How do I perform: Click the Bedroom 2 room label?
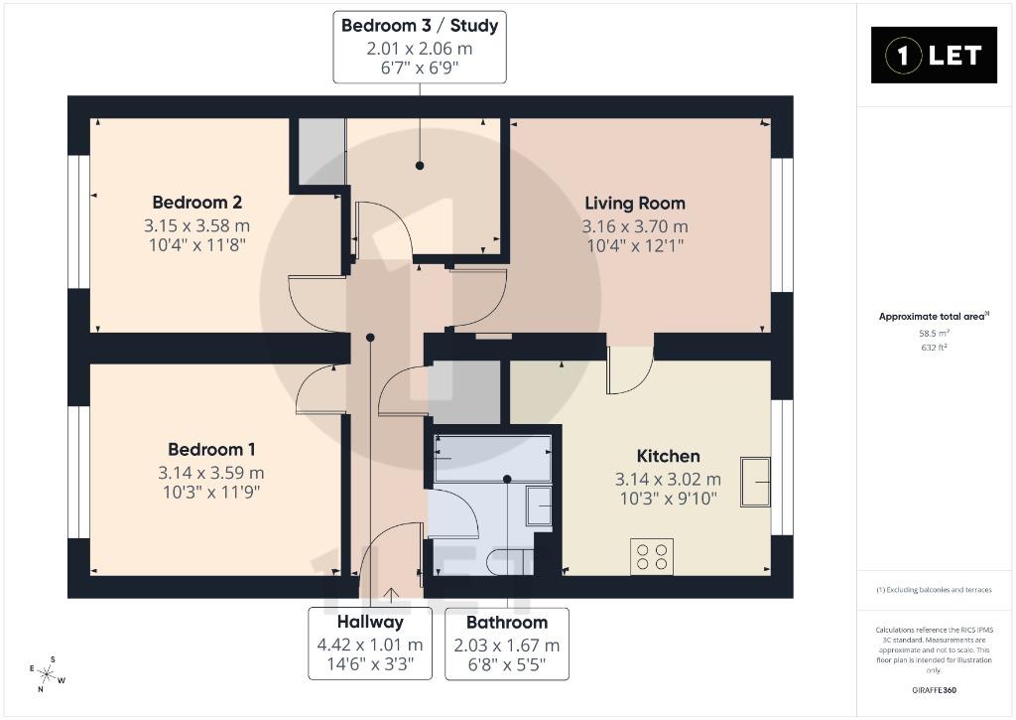(x=197, y=203)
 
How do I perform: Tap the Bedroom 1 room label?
(x=211, y=449)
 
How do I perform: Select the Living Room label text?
(x=635, y=204)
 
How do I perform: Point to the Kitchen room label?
(x=668, y=456)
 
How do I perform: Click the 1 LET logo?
(x=934, y=56)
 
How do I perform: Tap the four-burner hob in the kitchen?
(x=652, y=556)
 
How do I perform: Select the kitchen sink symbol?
(x=755, y=482)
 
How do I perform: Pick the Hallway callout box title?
(x=370, y=622)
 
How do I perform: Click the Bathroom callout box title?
(x=507, y=623)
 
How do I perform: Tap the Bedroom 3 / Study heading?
(x=420, y=26)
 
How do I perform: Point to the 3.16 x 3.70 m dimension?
(x=635, y=226)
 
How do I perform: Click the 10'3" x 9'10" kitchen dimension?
(x=668, y=499)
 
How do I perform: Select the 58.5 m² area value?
(x=934, y=334)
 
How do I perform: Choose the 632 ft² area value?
(x=934, y=348)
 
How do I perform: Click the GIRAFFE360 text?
(x=934, y=690)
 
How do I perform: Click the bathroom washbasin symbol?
(x=539, y=505)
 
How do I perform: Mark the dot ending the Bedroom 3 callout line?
(x=420, y=166)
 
